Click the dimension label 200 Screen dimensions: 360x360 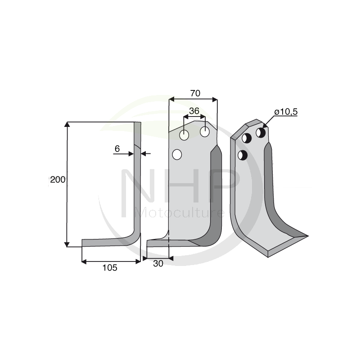click(58, 180)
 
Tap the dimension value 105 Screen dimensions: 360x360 click(110, 268)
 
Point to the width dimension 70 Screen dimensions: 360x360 click(195, 93)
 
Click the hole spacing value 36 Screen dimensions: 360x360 click(194, 111)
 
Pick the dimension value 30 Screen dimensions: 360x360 click(158, 264)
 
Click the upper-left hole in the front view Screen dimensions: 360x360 click(184, 135)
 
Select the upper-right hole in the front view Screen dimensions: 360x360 click(205, 132)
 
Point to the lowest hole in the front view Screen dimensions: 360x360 click(177, 155)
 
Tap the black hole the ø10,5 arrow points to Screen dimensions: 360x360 click(261, 132)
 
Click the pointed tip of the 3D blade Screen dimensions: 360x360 click(307, 235)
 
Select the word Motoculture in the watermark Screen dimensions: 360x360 click(180, 213)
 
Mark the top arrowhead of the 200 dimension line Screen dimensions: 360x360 click(67, 124)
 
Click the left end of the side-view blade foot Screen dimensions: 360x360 click(83, 243)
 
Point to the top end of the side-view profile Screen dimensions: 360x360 click(137, 124)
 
